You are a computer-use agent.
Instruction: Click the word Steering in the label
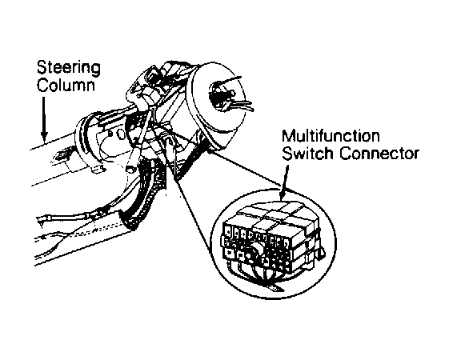69,68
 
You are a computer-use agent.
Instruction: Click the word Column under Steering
66,85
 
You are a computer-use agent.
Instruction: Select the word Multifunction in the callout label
331,136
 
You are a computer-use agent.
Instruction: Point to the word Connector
379,154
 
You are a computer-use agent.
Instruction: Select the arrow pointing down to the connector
284,182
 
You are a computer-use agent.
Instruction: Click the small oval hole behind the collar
121,134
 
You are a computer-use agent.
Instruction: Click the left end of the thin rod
38,219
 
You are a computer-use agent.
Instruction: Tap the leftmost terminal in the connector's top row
228,233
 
